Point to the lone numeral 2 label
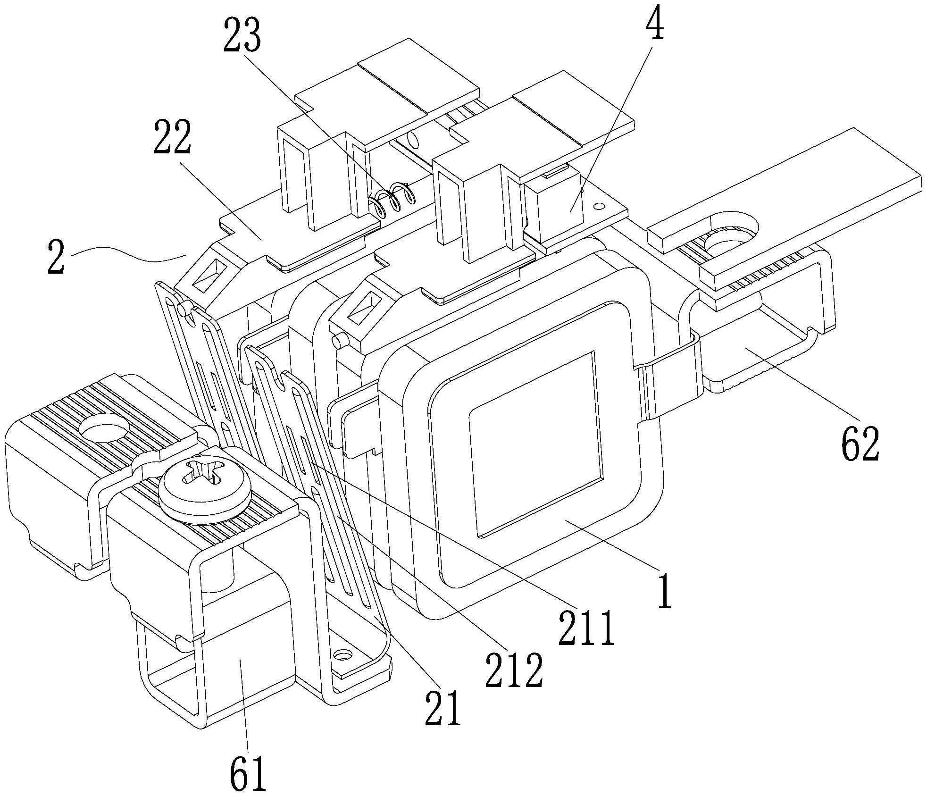coord(57,256)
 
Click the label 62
coord(860,444)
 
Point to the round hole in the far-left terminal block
coord(104,427)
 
